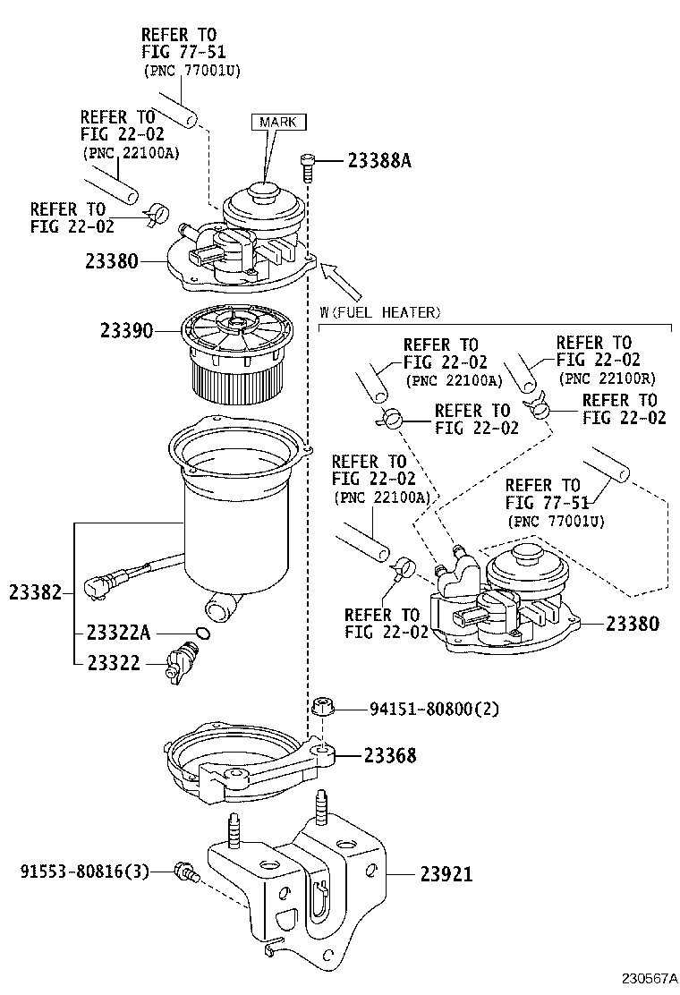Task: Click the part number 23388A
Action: coord(379,161)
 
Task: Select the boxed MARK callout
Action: coord(278,121)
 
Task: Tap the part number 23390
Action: coord(126,330)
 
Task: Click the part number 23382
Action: coord(36,592)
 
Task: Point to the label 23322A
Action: coord(119,633)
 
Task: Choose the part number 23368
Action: coord(390,755)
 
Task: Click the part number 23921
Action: coord(446,874)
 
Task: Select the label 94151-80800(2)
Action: coord(435,708)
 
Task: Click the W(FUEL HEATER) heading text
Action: coord(380,312)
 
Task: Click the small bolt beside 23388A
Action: coord(307,167)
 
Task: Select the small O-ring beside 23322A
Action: coord(202,633)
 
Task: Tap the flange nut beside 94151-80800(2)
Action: coord(323,707)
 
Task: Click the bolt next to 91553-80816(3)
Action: coord(186,872)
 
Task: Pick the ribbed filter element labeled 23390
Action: coord(237,360)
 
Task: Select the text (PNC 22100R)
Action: coord(607,378)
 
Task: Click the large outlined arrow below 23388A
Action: coord(341,280)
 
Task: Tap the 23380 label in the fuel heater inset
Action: coord(633,624)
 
